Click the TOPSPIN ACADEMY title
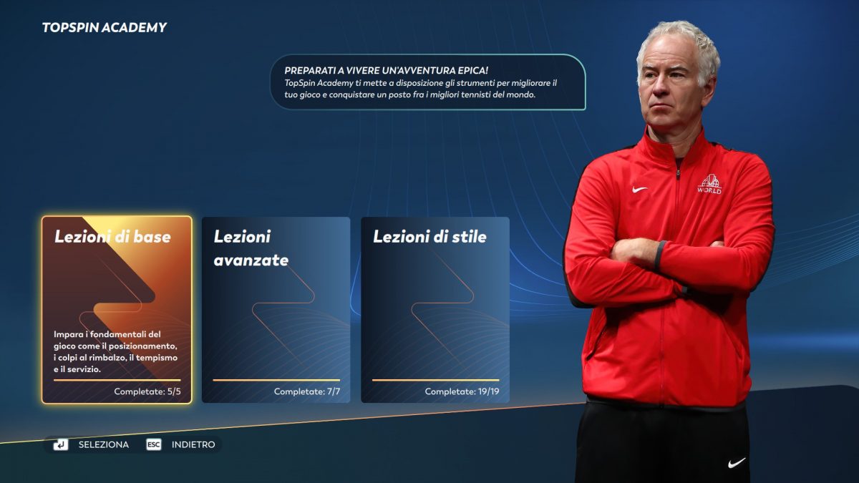pyautogui.click(x=105, y=28)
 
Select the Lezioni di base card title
pyautogui.click(x=113, y=237)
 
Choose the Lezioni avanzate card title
pyautogui.click(x=251, y=248)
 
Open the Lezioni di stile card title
pyautogui.click(x=430, y=237)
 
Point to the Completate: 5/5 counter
pyautogui.click(x=147, y=391)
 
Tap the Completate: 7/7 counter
pyautogui.click(x=307, y=391)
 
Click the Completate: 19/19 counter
pyautogui.click(x=462, y=391)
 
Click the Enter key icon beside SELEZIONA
pyautogui.click(x=61, y=444)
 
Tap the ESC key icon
pyautogui.click(x=154, y=444)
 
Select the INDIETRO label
pyautogui.click(x=193, y=444)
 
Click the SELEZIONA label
pyautogui.click(x=104, y=444)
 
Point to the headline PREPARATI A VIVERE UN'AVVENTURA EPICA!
pyautogui.click(x=386, y=71)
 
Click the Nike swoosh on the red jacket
pyautogui.click(x=639, y=190)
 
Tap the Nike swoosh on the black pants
pyautogui.click(x=737, y=463)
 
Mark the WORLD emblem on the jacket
pyautogui.click(x=709, y=184)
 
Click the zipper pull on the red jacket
pyautogui.click(x=678, y=174)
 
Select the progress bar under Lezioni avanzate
pyautogui.click(x=276, y=380)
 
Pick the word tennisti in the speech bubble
pyautogui.click(x=475, y=94)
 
